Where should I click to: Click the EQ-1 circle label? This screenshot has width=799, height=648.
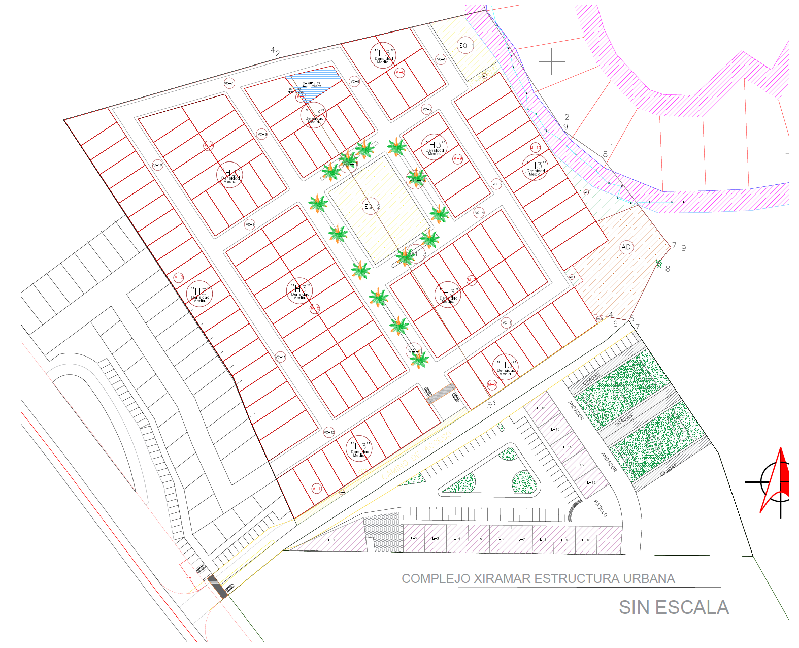click(465, 46)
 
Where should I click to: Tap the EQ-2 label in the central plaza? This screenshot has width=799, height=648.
click(372, 206)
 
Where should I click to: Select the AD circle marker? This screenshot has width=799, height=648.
click(626, 247)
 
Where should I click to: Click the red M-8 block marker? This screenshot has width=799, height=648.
click(400, 73)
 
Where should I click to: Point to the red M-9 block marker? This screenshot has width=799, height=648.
click(457, 158)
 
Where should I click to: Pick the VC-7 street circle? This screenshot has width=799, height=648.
click(229, 83)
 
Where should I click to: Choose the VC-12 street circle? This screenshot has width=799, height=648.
click(329, 432)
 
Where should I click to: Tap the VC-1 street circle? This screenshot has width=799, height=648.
click(441, 59)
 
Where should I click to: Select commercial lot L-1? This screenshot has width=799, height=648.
click(331, 540)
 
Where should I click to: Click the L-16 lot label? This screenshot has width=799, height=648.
click(541, 408)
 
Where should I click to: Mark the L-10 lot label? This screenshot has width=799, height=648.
click(586, 540)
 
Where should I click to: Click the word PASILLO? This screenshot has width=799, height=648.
click(601, 508)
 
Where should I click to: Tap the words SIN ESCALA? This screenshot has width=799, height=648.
click(674, 607)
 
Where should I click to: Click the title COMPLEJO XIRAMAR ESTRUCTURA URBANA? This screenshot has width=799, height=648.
click(538, 578)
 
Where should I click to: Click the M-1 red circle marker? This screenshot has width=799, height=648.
click(316, 489)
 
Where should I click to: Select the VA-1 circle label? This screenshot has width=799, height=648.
click(414, 351)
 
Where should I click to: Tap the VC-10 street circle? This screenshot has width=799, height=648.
click(157, 165)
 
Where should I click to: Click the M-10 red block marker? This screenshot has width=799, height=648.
click(536, 148)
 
